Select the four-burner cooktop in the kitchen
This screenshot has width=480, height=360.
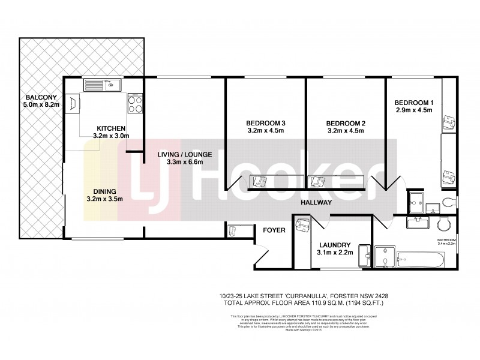(x=135, y=106)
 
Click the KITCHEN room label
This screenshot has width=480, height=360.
(x=112, y=128)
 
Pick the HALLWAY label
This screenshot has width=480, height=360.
(x=316, y=203)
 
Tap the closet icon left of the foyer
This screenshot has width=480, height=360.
(x=233, y=231)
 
